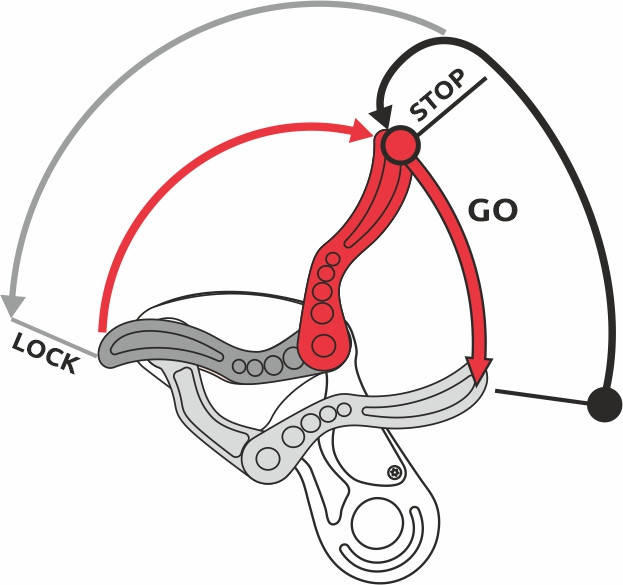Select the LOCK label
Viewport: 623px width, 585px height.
coord(44,352)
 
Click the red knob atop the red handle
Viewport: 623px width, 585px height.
coord(400,146)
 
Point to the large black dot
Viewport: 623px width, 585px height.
coord(604,404)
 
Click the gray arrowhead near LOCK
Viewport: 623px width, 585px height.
coord(13,302)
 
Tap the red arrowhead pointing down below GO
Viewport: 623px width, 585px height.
coord(479,368)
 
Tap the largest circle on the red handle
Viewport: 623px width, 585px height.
coord(324,346)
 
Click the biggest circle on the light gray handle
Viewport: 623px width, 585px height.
coord(268,458)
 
